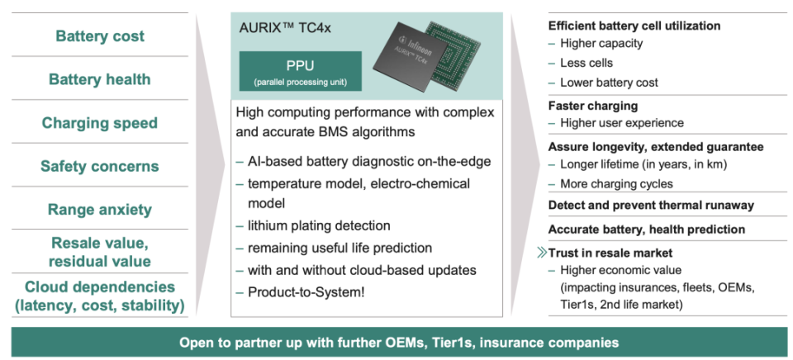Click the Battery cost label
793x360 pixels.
point(100,36)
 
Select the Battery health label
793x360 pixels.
point(100,79)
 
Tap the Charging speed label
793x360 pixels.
point(100,123)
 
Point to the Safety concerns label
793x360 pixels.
point(100,166)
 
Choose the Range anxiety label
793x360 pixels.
point(100,210)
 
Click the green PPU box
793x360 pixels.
point(301,71)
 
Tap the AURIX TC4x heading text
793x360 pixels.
point(285,27)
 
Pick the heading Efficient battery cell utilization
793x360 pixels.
point(634,26)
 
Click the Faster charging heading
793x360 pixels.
point(593,106)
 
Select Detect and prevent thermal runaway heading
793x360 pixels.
point(651,206)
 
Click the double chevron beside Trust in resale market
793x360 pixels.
point(542,253)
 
